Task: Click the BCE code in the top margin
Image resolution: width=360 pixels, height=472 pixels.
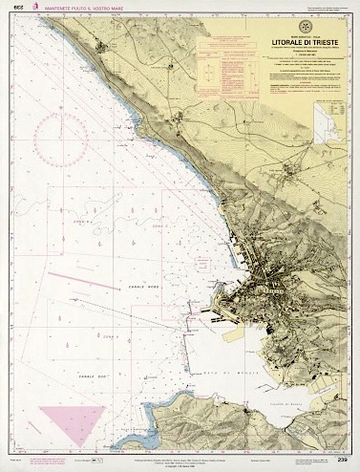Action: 17,8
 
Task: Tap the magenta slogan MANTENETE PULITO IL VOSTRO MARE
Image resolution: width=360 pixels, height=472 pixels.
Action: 82,8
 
